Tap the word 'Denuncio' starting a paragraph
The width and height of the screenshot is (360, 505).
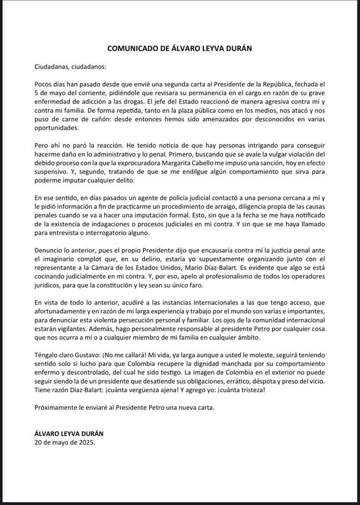(50, 250)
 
